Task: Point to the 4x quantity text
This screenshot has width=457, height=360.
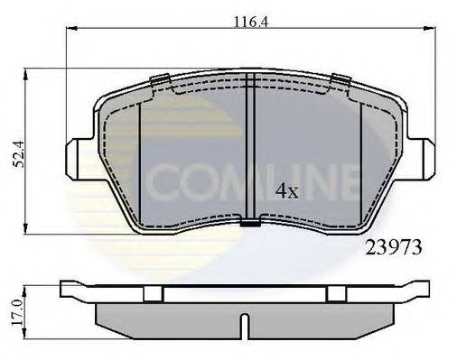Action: pyautogui.click(x=286, y=190)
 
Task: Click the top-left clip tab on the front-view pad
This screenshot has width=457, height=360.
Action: pyautogui.click(x=163, y=79)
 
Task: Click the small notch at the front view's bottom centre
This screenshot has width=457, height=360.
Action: pyautogui.click(x=248, y=219)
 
